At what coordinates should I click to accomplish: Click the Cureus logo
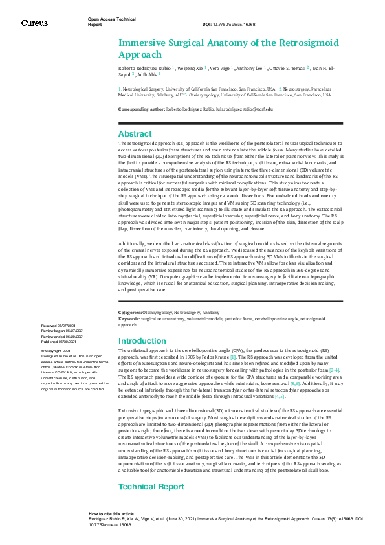pos(34,23)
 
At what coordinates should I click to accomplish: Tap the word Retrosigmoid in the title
pos(289,43)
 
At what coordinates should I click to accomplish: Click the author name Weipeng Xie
pos(191,67)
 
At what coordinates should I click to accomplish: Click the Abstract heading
pos(135,134)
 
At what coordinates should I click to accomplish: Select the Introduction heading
pos(142,340)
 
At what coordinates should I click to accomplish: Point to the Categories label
pos(130,313)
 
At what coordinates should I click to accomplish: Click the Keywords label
pos(129,319)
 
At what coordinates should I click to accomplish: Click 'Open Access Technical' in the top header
pos(111,19)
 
